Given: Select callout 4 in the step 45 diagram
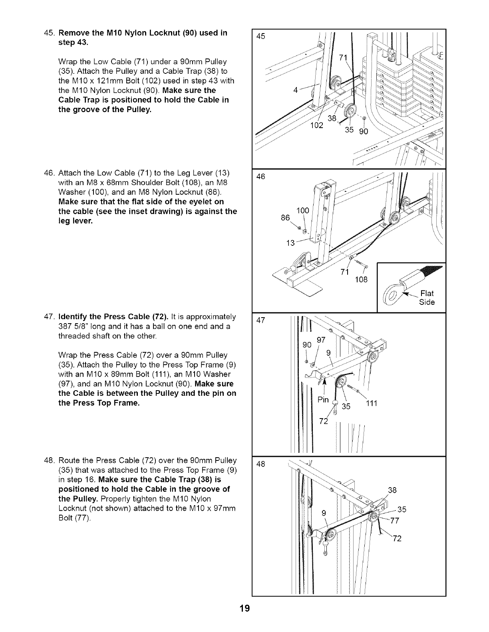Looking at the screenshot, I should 295,90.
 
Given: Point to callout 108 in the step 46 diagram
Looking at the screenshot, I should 361,279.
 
